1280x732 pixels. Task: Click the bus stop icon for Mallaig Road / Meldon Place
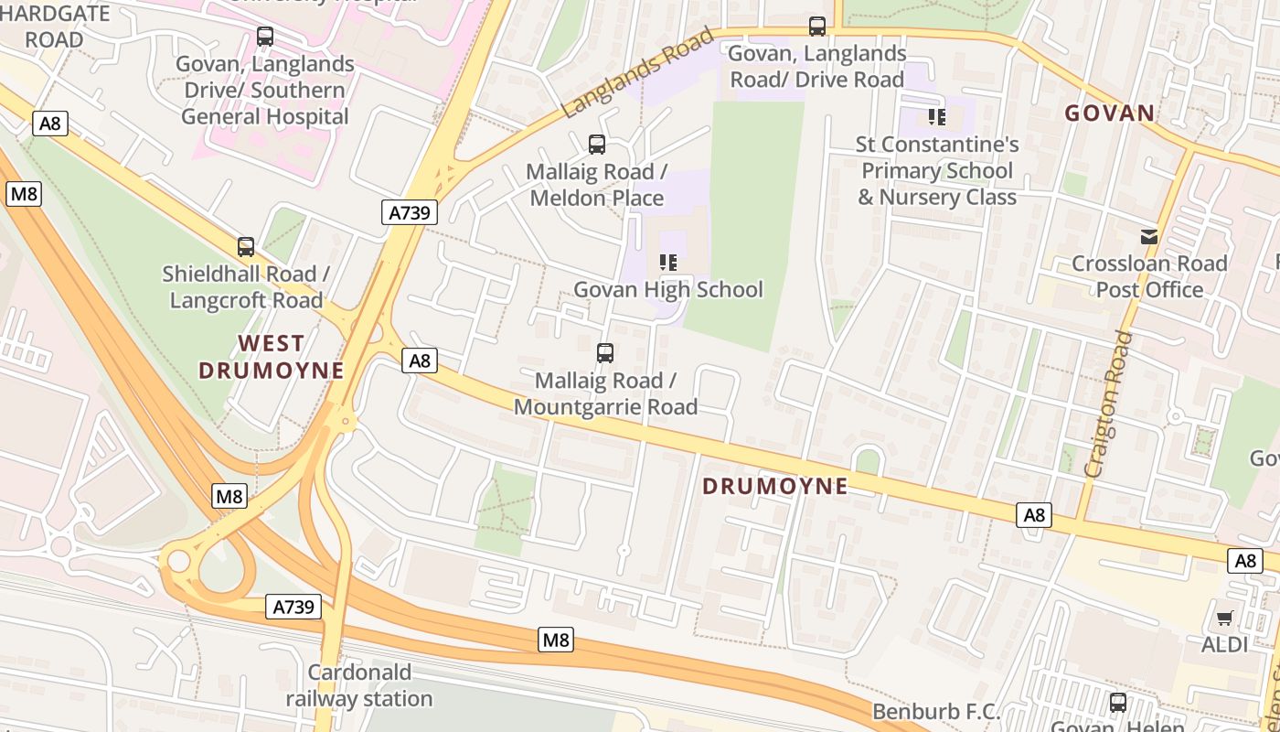click(x=597, y=144)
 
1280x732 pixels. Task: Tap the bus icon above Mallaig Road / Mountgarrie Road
click(x=604, y=352)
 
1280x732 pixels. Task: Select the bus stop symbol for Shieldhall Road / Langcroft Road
click(x=245, y=246)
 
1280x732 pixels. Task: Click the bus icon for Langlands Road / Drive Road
click(x=817, y=26)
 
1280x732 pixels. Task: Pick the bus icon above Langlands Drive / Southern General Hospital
click(x=265, y=37)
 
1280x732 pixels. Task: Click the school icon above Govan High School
click(x=668, y=263)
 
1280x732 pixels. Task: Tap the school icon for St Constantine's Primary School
click(x=936, y=116)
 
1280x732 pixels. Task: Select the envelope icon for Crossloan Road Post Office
click(x=1149, y=236)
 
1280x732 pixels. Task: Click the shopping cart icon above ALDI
click(x=1224, y=618)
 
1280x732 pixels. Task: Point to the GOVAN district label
click(x=1109, y=113)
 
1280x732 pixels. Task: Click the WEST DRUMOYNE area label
click(x=271, y=357)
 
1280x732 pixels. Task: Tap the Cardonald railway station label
click(x=359, y=685)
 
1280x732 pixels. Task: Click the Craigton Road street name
click(x=1107, y=404)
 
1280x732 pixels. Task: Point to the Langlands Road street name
click(x=636, y=73)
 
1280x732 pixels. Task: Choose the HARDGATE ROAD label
click(x=55, y=27)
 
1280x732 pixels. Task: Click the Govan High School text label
click(x=667, y=290)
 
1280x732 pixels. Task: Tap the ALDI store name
click(x=1224, y=644)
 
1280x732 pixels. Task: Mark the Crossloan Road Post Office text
click(x=1149, y=276)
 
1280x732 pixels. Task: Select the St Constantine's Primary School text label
click(x=936, y=170)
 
